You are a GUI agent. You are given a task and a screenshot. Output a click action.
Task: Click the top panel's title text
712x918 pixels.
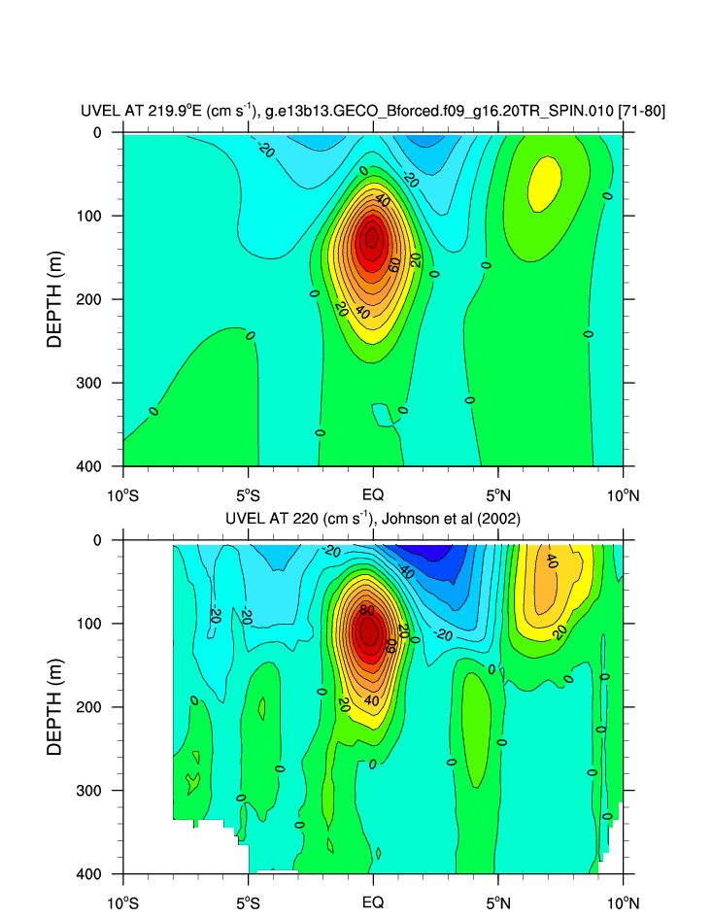point(372,112)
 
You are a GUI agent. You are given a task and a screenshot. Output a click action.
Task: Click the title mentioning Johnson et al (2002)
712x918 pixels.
point(372,520)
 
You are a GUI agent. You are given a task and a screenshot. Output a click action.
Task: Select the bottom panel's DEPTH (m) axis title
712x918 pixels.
point(55,706)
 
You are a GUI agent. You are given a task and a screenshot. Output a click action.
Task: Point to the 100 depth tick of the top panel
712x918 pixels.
point(91,216)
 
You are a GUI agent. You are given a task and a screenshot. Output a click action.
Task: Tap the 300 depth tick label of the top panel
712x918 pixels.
point(91,383)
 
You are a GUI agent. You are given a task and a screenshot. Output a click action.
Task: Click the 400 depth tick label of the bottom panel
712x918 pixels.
point(91,874)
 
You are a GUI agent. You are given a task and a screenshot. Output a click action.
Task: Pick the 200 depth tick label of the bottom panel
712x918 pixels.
point(91,707)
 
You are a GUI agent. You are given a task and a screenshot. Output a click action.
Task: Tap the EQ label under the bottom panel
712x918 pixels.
point(373,901)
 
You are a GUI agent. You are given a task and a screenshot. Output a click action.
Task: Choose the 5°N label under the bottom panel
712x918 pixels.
point(497,901)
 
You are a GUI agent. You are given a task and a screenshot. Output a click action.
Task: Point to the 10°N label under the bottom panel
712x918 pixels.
point(623,901)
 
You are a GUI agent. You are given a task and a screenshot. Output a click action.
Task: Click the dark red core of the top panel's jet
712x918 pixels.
point(371,241)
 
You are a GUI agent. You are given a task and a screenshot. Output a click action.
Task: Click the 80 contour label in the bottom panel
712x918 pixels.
point(366,610)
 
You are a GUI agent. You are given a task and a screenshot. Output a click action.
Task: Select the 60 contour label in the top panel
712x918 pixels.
point(394,264)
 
